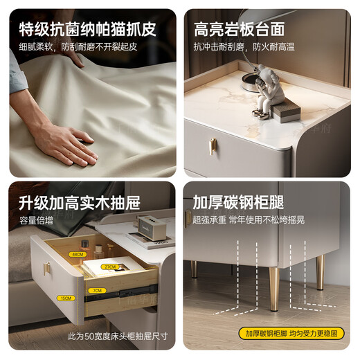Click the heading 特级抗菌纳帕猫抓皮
(87, 30)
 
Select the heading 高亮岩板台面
(239, 30)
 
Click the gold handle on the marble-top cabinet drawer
(213, 146)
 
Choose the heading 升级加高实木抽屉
(80, 203)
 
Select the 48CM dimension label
(77, 254)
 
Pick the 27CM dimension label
(109, 266)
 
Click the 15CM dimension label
(65, 298)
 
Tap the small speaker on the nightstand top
(151, 226)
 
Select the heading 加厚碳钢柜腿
(239, 203)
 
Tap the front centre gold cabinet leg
(275, 285)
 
